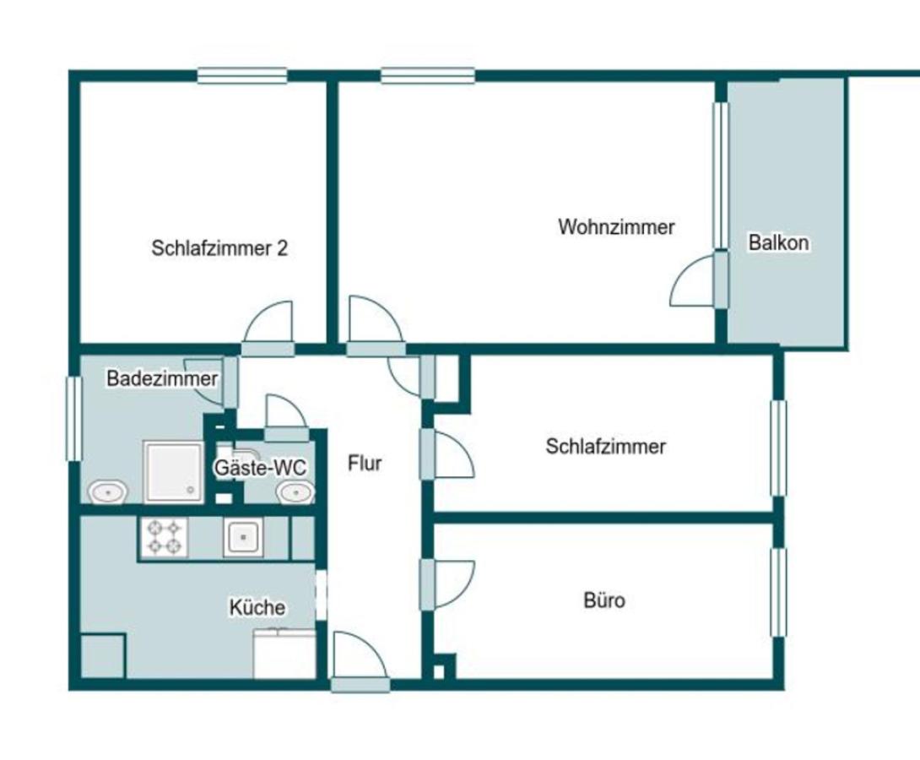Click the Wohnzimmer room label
(x=616, y=226)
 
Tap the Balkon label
(x=778, y=242)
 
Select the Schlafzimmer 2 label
(x=219, y=248)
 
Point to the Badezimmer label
(x=162, y=378)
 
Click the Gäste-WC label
(x=260, y=468)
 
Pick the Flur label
(x=365, y=463)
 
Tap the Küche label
(x=257, y=607)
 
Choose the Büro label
(x=604, y=600)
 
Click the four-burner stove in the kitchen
(x=164, y=537)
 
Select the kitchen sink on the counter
(x=243, y=536)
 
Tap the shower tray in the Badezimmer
(x=174, y=472)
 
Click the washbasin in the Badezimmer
(x=107, y=491)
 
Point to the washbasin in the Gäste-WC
(x=295, y=492)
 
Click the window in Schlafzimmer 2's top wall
(x=241, y=76)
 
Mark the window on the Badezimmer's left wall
(x=73, y=419)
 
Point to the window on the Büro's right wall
(x=778, y=592)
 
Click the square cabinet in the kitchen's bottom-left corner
(x=103, y=655)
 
